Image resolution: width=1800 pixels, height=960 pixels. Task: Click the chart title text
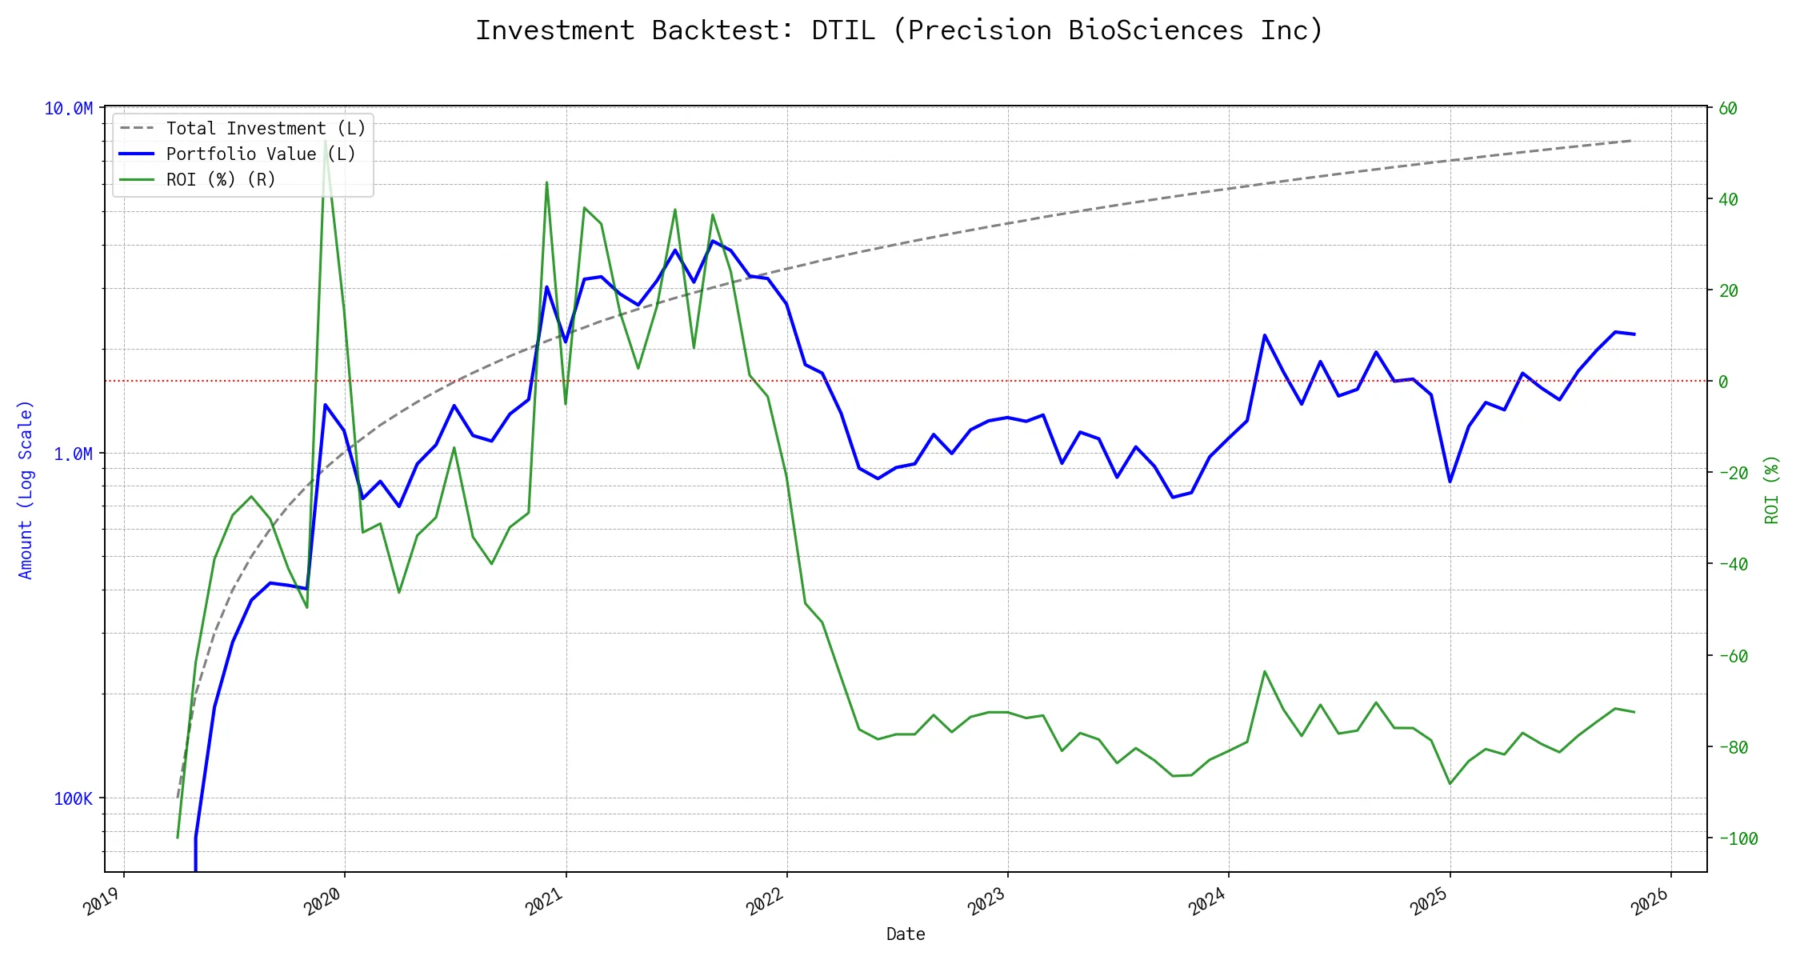click(x=899, y=30)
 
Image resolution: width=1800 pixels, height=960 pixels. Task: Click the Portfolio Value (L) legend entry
click(x=261, y=154)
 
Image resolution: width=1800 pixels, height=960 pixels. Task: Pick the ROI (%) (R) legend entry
click(x=221, y=180)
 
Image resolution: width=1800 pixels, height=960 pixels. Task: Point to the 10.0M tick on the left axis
click(x=68, y=109)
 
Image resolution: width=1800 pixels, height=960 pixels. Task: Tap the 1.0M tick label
click(x=73, y=454)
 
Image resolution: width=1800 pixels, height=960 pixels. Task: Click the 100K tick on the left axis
click(x=73, y=799)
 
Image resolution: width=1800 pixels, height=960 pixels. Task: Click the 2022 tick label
click(x=766, y=902)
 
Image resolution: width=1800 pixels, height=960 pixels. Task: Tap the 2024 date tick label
click(x=1208, y=902)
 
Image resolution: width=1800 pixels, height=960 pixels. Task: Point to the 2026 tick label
click(x=1650, y=902)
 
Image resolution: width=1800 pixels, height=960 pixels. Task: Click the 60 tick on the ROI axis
click(x=1728, y=109)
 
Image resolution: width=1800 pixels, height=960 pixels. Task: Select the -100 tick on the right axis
click(x=1733, y=839)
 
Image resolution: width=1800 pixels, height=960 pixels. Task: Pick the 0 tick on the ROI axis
click(x=1723, y=382)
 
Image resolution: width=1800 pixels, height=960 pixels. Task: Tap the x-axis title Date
click(x=906, y=934)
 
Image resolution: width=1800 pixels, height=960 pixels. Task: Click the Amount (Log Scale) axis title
click(x=26, y=490)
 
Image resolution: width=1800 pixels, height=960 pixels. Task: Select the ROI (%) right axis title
click(x=1772, y=490)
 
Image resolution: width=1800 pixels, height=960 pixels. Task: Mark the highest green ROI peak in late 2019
click(x=325, y=141)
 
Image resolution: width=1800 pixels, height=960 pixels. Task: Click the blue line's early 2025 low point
click(x=1450, y=482)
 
